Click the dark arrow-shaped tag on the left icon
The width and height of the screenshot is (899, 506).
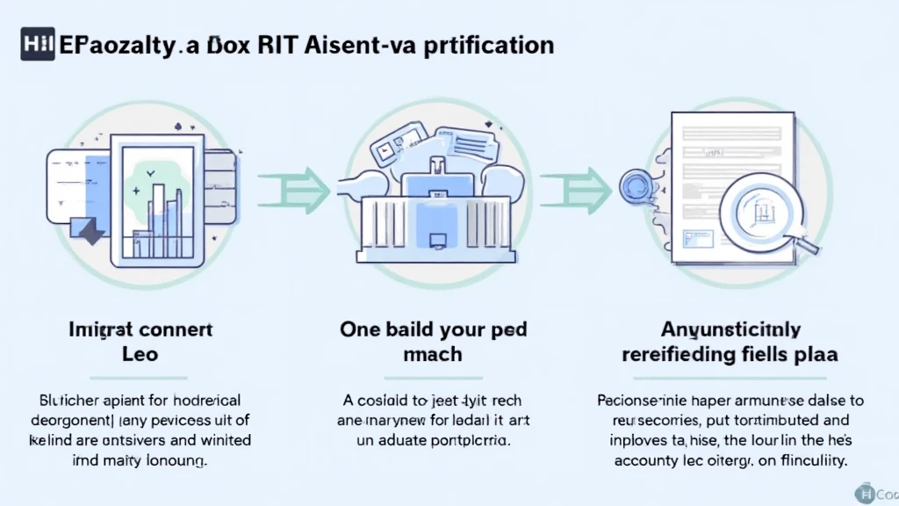click(x=90, y=230)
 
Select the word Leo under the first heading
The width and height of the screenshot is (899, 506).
click(x=141, y=355)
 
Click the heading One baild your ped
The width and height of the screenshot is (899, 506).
click(x=434, y=330)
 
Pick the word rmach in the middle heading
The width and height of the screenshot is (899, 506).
click(x=433, y=355)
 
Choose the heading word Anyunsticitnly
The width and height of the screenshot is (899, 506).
click(x=730, y=330)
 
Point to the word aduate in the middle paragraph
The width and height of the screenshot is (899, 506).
click(x=408, y=440)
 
